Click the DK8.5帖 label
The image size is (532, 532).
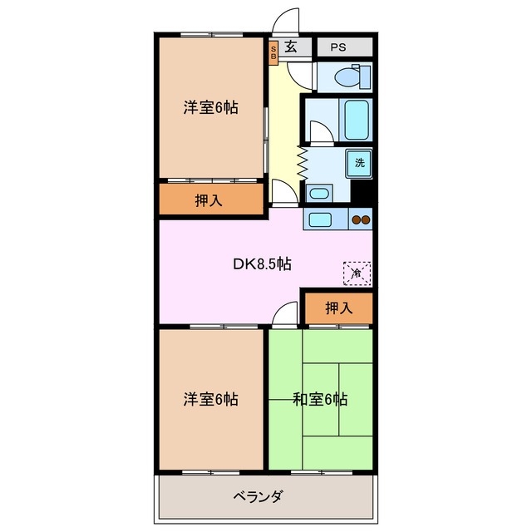coord(261,265)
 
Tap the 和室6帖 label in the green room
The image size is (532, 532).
coord(320,400)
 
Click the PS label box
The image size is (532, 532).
coord(337,47)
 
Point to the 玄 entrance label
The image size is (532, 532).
coord(291,47)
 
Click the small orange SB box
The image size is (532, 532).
coord(273,52)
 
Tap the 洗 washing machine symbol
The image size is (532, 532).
coord(360,163)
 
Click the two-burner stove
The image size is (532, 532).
coord(362,220)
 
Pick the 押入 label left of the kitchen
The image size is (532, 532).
coord(209,200)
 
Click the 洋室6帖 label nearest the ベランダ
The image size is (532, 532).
coord(210,400)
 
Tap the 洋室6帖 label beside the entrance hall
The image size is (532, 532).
coord(210,108)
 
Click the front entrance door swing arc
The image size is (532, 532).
coord(286,20)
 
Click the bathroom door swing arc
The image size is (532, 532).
coord(318,131)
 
